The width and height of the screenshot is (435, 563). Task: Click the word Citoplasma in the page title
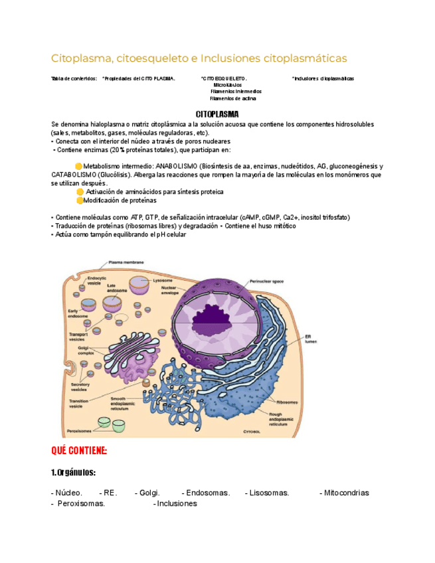[x=78, y=58]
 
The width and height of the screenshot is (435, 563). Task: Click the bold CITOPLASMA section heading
[x=218, y=114]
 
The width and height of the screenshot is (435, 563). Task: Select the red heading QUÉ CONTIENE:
[x=79, y=451]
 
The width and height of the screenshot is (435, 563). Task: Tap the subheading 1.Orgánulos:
[x=73, y=473]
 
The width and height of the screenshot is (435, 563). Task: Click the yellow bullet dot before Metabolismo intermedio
[x=78, y=166]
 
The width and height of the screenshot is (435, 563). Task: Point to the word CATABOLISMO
[x=73, y=175]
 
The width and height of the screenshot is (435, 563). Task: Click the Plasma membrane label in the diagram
[x=126, y=263]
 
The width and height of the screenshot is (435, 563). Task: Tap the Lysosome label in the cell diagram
[x=163, y=280]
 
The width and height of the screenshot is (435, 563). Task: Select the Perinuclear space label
[x=267, y=281]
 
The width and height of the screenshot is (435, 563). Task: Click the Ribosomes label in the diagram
[x=287, y=402]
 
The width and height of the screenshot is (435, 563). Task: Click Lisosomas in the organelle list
[x=267, y=493]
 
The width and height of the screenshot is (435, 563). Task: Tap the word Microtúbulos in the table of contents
[x=228, y=85]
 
